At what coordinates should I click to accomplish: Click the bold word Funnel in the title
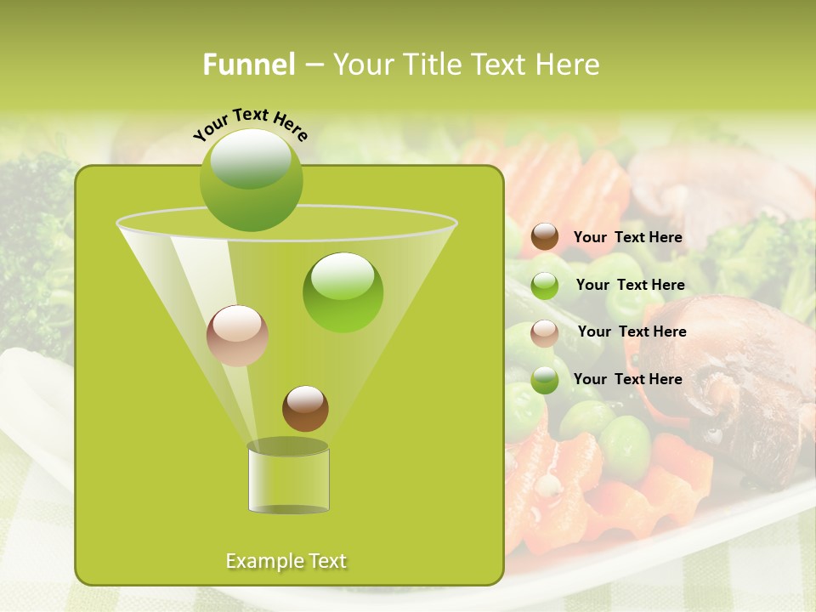(x=248, y=65)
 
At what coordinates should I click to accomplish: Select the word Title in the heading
(x=432, y=65)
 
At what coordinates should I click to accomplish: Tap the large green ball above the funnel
(x=251, y=180)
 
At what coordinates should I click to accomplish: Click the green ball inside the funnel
(x=343, y=292)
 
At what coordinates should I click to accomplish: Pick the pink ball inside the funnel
(x=237, y=336)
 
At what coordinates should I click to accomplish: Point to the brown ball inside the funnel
(x=305, y=408)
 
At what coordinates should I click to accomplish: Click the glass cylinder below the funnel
(x=288, y=481)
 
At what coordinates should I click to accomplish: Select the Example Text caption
(x=286, y=561)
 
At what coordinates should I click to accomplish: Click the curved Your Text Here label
(x=250, y=123)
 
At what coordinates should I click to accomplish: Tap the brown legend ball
(x=545, y=237)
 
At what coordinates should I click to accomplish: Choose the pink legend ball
(x=545, y=333)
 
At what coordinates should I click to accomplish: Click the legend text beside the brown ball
(x=627, y=238)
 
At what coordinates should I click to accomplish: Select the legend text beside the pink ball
(x=632, y=332)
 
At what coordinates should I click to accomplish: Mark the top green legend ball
(x=545, y=286)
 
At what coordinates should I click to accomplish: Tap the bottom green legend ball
(x=545, y=381)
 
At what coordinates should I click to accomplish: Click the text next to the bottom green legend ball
(x=627, y=379)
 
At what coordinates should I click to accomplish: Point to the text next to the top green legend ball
(x=630, y=286)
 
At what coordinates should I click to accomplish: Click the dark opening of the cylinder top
(x=288, y=446)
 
